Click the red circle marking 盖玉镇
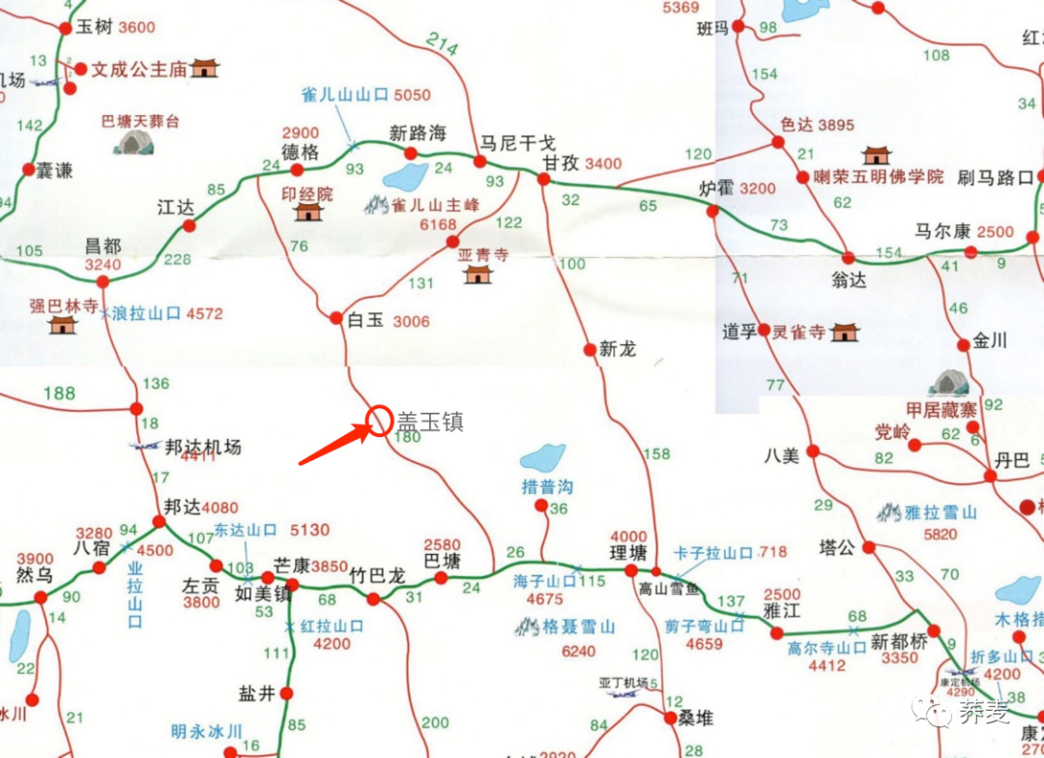pyautogui.click(x=378, y=421)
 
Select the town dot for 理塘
pyautogui.click(x=631, y=570)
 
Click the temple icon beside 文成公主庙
pyautogui.click(x=205, y=68)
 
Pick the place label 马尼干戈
pyautogui.click(x=518, y=141)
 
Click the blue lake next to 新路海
pyautogui.click(x=405, y=177)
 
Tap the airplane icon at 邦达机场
pyautogui.click(x=145, y=447)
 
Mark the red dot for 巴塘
pyautogui.click(x=441, y=578)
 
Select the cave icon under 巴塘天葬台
pyautogui.click(x=134, y=143)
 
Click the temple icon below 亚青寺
pyautogui.click(x=478, y=274)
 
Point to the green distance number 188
pyautogui.click(x=59, y=393)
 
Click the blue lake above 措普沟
pyautogui.click(x=542, y=457)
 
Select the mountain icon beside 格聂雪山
pyautogui.click(x=527, y=627)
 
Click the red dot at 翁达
pyautogui.click(x=848, y=258)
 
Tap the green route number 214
pyautogui.click(x=442, y=44)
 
